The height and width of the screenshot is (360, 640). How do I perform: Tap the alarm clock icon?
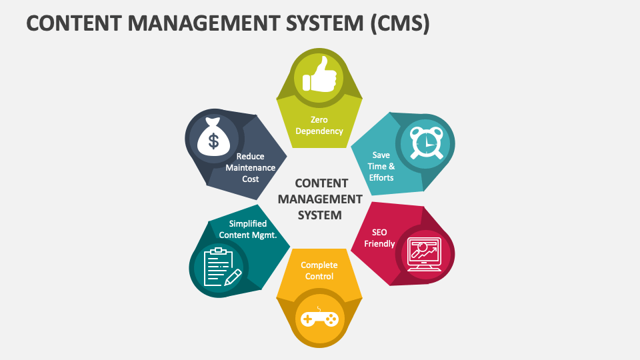click(425, 142)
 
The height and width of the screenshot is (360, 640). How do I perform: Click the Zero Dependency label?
click(319, 125)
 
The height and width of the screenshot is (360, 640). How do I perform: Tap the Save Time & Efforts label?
click(381, 166)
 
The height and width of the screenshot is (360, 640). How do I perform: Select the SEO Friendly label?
click(379, 238)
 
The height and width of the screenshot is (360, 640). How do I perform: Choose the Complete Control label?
click(319, 271)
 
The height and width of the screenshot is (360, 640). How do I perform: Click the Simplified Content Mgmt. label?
click(248, 229)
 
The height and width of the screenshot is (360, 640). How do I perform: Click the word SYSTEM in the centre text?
click(320, 215)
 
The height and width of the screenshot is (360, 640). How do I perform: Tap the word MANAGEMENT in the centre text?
click(320, 199)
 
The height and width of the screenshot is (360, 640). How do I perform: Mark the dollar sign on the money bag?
click(213, 141)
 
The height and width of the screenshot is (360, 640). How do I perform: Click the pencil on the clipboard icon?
click(233, 276)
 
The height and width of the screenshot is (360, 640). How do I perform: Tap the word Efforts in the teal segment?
click(381, 177)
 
